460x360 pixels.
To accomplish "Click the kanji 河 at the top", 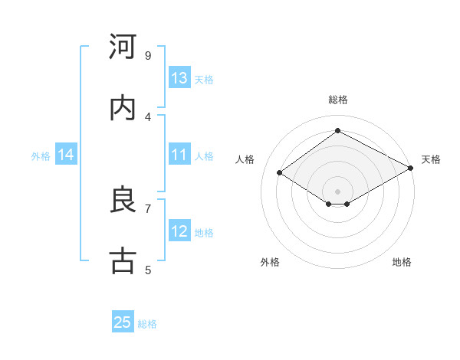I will [x=123, y=47].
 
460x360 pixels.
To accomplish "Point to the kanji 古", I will [x=123, y=260].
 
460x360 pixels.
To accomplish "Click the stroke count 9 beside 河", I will [x=147, y=56].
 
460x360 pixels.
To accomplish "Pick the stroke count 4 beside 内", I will [x=147, y=116].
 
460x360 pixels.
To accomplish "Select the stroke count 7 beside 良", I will [x=147, y=208].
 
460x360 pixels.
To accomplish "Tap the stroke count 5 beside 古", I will [x=147, y=269].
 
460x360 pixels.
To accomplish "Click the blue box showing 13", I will [x=179, y=78].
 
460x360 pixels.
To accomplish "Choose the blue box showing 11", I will [x=179, y=155].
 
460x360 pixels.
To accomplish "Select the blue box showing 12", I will [x=179, y=231].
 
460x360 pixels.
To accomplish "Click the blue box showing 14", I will [x=66, y=155].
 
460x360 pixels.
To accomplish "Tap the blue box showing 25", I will [x=123, y=322].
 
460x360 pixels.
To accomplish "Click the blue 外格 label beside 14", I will [x=41, y=155].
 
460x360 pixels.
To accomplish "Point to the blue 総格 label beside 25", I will [x=147, y=324].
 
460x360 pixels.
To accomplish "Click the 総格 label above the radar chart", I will [x=337, y=100].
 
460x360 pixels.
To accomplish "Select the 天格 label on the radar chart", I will [x=431, y=159].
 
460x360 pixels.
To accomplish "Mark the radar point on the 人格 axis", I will [x=280, y=173].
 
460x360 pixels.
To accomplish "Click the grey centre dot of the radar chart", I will [x=337, y=191].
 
